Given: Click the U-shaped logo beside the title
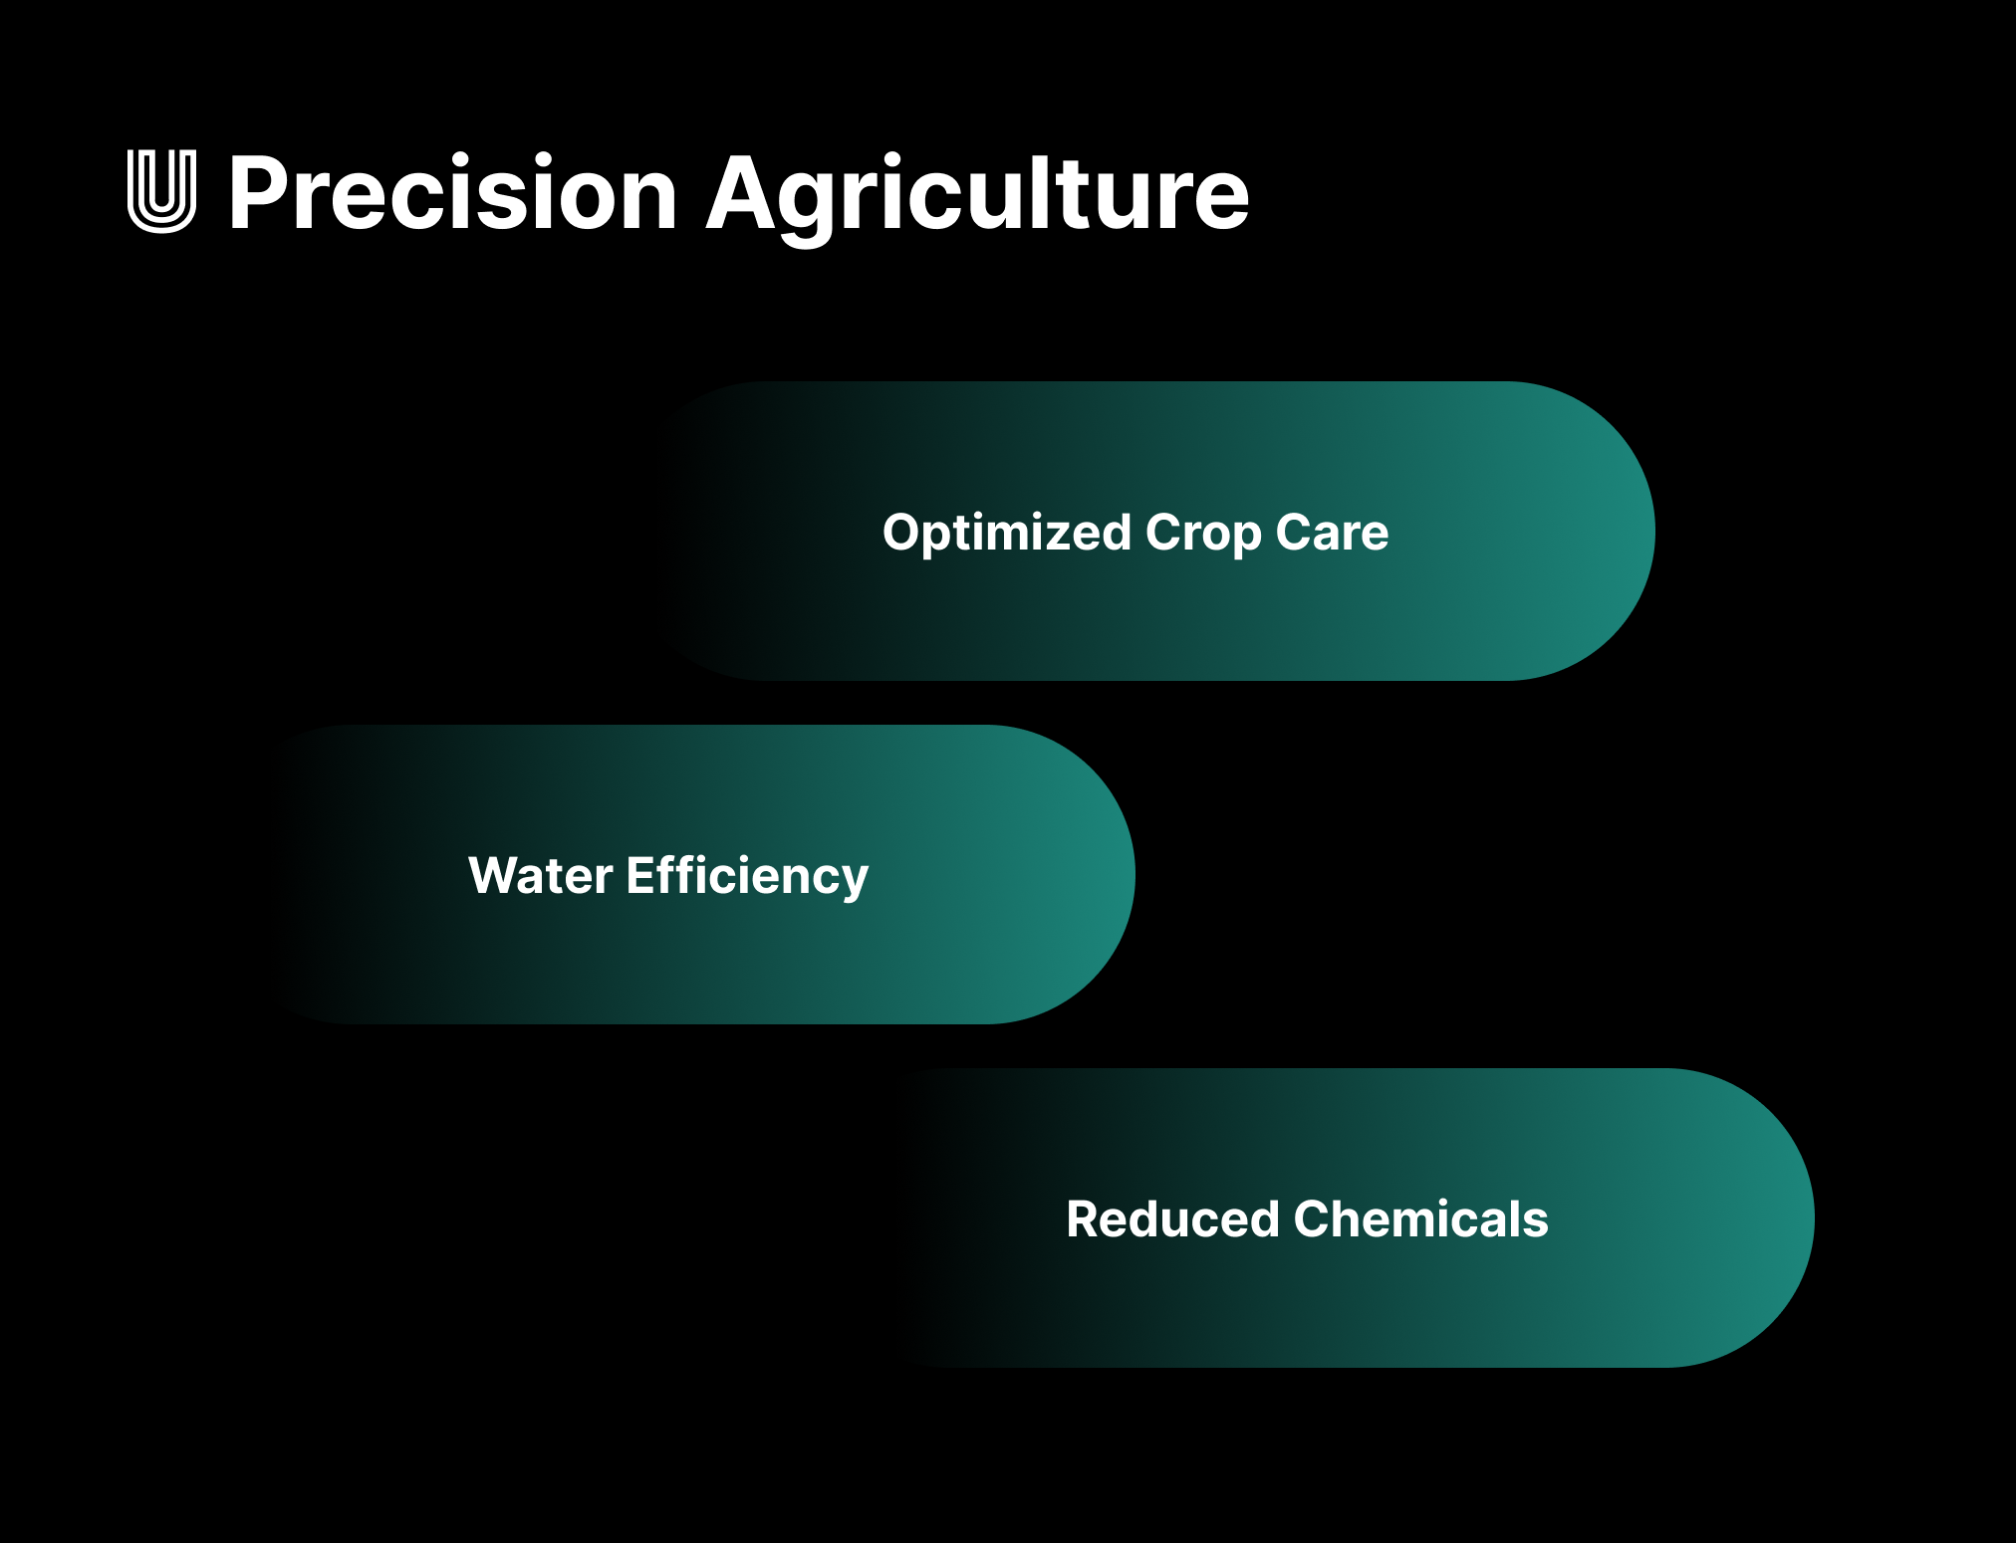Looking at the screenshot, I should [161, 191].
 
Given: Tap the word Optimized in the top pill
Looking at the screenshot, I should [1006, 533].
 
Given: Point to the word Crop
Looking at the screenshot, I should [1203, 533].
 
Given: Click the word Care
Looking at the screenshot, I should [1332, 533].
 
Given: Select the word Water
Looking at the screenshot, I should [540, 876].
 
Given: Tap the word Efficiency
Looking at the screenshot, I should [747, 876].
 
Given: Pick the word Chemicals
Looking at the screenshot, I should [1421, 1219].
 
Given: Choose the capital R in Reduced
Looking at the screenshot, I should [1086, 1219].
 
